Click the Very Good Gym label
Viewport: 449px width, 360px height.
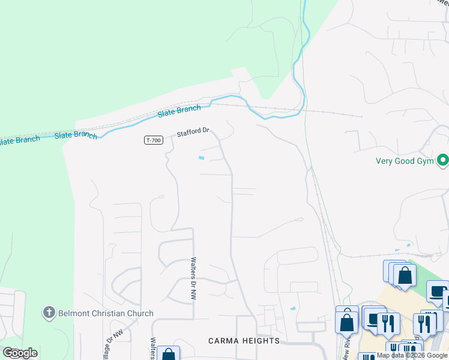405,161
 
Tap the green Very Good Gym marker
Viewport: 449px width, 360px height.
443,160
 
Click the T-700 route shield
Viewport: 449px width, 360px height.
153,140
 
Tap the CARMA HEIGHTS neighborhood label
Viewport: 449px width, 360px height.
244,341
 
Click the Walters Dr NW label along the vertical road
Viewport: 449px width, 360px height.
193,279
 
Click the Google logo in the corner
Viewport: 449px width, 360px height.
20,353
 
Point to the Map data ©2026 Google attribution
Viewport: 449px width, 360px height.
412,356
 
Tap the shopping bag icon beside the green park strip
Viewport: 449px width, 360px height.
405,275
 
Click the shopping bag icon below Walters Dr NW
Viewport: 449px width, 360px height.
169,354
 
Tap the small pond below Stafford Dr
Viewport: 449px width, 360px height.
200,158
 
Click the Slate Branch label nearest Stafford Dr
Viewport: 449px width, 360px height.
179,112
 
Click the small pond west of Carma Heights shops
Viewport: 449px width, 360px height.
292,308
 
